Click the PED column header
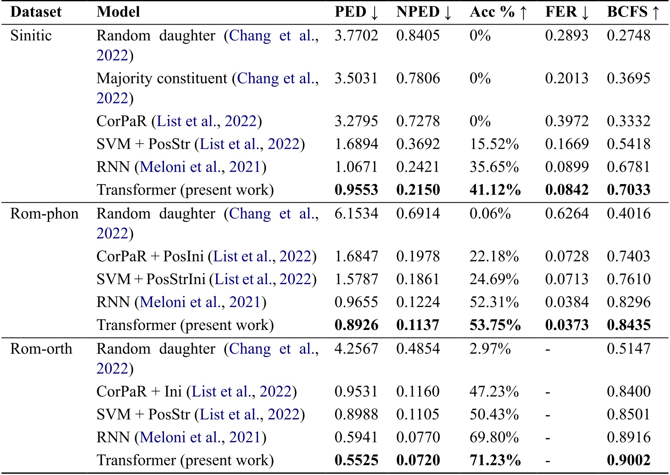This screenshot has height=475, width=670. (356, 12)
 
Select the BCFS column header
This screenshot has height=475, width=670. (633, 12)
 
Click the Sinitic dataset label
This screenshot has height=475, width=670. (31, 35)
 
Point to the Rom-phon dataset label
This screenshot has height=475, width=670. (44, 213)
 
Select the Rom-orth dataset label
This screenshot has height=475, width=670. (41, 349)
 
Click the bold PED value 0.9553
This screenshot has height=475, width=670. (356, 190)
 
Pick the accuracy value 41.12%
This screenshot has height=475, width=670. (495, 190)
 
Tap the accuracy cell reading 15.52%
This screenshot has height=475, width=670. (494, 144)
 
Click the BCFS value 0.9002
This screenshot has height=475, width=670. (628, 460)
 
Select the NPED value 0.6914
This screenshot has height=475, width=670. (418, 213)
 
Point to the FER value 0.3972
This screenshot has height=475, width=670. (567, 121)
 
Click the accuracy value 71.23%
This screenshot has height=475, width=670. (495, 460)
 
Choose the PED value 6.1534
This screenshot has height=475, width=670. (356, 213)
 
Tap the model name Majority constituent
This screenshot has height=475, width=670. (162, 78)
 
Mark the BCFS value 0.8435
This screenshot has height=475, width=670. (628, 325)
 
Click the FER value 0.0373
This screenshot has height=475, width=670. (567, 325)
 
